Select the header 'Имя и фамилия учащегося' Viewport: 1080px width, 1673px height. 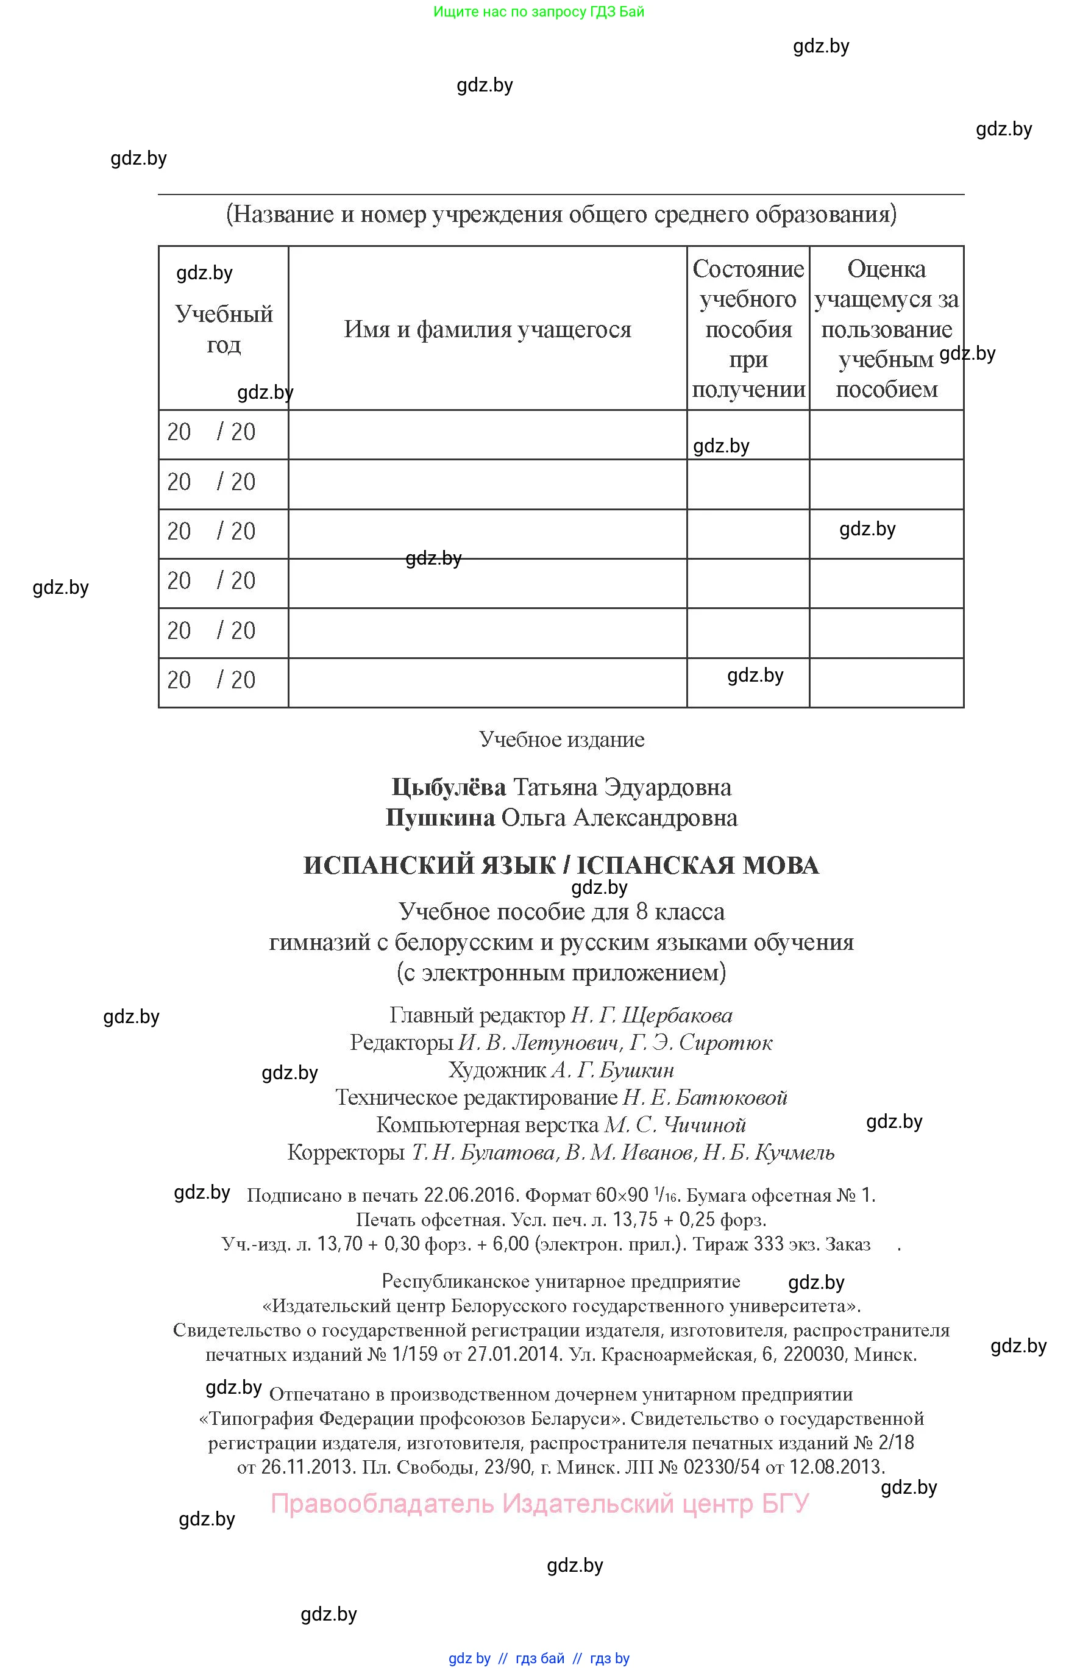coord(488,329)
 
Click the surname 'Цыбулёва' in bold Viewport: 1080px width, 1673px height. coord(449,787)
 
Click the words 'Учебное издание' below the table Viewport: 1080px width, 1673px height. coord(562,740)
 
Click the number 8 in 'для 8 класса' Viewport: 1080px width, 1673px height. coord(641,911)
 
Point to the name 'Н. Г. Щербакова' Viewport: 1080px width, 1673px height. coord(652,1015)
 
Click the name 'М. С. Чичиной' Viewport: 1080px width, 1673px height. coord(675,1124)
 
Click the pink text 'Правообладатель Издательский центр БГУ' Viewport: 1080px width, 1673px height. coord(539,1504)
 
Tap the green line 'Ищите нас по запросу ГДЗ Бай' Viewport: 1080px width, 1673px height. coord(539,11)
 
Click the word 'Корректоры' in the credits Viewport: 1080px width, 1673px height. coord(346,1152)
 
